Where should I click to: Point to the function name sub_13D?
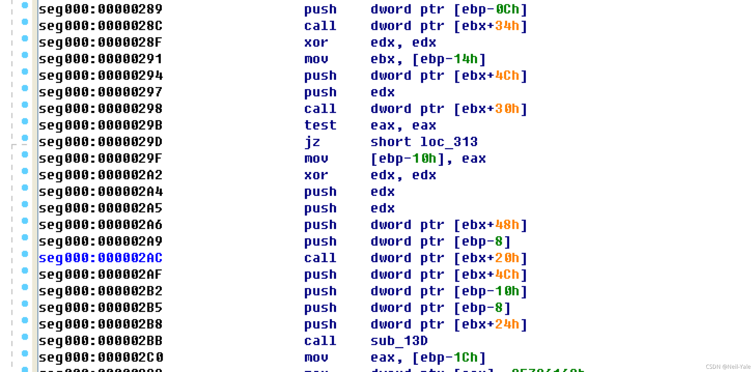coord(399,341)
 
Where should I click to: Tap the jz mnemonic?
coord(312,142)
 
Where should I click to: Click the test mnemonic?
coord(320,126)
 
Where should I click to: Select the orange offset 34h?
coord(507,26)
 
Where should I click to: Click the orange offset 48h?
coord(507,225)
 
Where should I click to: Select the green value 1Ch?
coord(465,358)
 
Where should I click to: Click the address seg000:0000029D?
coord(101,142)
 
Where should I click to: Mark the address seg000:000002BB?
coord(101,341)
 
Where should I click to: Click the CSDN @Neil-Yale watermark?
coord(728,367)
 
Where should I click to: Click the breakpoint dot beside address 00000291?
coord(25,55)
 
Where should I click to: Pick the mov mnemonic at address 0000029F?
coord(316,159)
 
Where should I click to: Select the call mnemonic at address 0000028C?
coord(320,26)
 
